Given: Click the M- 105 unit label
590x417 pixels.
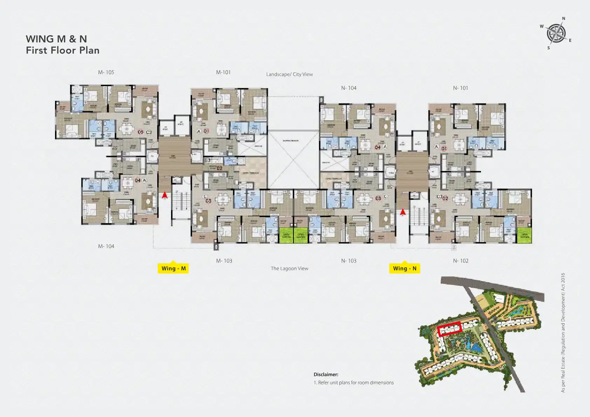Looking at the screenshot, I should coord(106,72).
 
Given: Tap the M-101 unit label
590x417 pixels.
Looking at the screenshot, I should coord(223,72).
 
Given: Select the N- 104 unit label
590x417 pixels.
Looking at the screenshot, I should coord(348,88).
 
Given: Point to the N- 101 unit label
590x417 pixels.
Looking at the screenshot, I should coord(460,88).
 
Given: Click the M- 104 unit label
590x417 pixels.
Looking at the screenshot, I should coord(106,246).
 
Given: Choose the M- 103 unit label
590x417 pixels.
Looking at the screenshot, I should coord(224,261).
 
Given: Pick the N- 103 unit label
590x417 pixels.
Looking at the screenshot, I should coord(348,261).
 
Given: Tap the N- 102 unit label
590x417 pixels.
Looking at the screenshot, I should coord(460,261).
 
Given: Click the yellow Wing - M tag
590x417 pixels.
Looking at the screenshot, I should coord(173,268).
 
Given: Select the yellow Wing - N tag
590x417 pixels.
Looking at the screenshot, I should coord(405,268).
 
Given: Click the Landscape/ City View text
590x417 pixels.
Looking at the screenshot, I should coord(289,74).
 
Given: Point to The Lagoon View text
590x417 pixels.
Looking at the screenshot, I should coord(289,268).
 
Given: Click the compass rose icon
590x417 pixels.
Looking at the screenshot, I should coord(556,33).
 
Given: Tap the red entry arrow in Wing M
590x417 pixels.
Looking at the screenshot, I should coord(164,195).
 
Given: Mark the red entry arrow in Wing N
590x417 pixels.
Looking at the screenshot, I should coord(403,212).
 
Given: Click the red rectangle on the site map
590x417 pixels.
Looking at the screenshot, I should coord(449,329).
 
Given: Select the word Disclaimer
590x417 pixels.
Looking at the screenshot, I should coord(326,374).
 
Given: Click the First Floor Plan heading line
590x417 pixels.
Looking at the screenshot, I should coord(63,50).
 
